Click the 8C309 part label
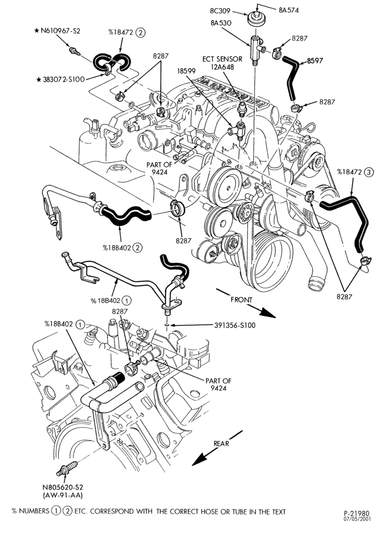(x=220, y=11)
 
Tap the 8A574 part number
(x=289, y=10)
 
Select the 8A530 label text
(x=221, y=23)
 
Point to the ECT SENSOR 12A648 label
(x=223, y=63)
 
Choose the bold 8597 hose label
(x=315, y=61)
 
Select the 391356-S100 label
(x=235, y=325)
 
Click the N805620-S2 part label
(x=63, y=487)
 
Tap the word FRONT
(x=241, y=300)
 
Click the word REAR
(x=221, y=443)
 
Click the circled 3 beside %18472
(x=368, y=172)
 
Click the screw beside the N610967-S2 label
(x=75, y=51)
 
